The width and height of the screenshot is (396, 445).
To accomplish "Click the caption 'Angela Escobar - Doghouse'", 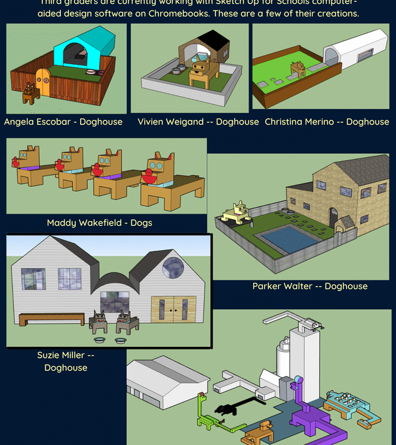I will click(x=63, y=121).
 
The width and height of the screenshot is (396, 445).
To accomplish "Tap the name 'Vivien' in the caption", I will click(x=152, y=121).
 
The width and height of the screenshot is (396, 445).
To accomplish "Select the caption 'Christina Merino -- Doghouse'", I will click(x=326, y=121).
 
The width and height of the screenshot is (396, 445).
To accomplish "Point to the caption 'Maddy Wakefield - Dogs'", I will click(x=99, y=223).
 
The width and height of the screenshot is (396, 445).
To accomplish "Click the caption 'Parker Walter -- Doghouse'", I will click(x=309, y=286).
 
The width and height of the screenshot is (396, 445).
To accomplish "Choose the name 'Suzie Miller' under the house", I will click(x=65, y=355).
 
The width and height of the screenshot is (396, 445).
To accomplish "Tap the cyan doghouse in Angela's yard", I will click(x=83, y=49).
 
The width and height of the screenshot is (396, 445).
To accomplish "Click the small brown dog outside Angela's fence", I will click(x=29, y=93).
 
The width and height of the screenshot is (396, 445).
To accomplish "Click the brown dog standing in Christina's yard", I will click(x=299, y=69).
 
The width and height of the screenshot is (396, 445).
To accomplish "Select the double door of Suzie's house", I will click(x=174, y=309).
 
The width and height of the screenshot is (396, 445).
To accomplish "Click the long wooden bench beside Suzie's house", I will click(x=51, y=319).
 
